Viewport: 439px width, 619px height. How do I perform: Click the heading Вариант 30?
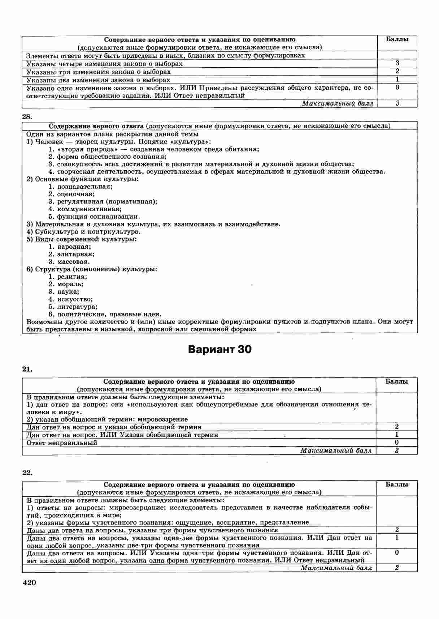coord(219,350)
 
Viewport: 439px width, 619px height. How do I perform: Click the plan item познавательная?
coord(84,187)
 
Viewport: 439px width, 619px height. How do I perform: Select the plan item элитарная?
coord(75,254)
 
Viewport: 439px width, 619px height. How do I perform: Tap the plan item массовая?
coord(73,262)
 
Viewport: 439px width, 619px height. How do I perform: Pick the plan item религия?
coord(72,277)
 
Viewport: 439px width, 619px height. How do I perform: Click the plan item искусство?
coord(75,299)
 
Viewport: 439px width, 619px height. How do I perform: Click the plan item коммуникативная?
coord(89,209)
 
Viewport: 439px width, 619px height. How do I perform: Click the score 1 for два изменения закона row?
coord(397,80)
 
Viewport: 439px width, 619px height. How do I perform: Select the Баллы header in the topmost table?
coord(397,39)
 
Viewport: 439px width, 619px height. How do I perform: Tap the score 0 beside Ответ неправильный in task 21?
coord(397,443)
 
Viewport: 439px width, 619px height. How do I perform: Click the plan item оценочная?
coord(75,194)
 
